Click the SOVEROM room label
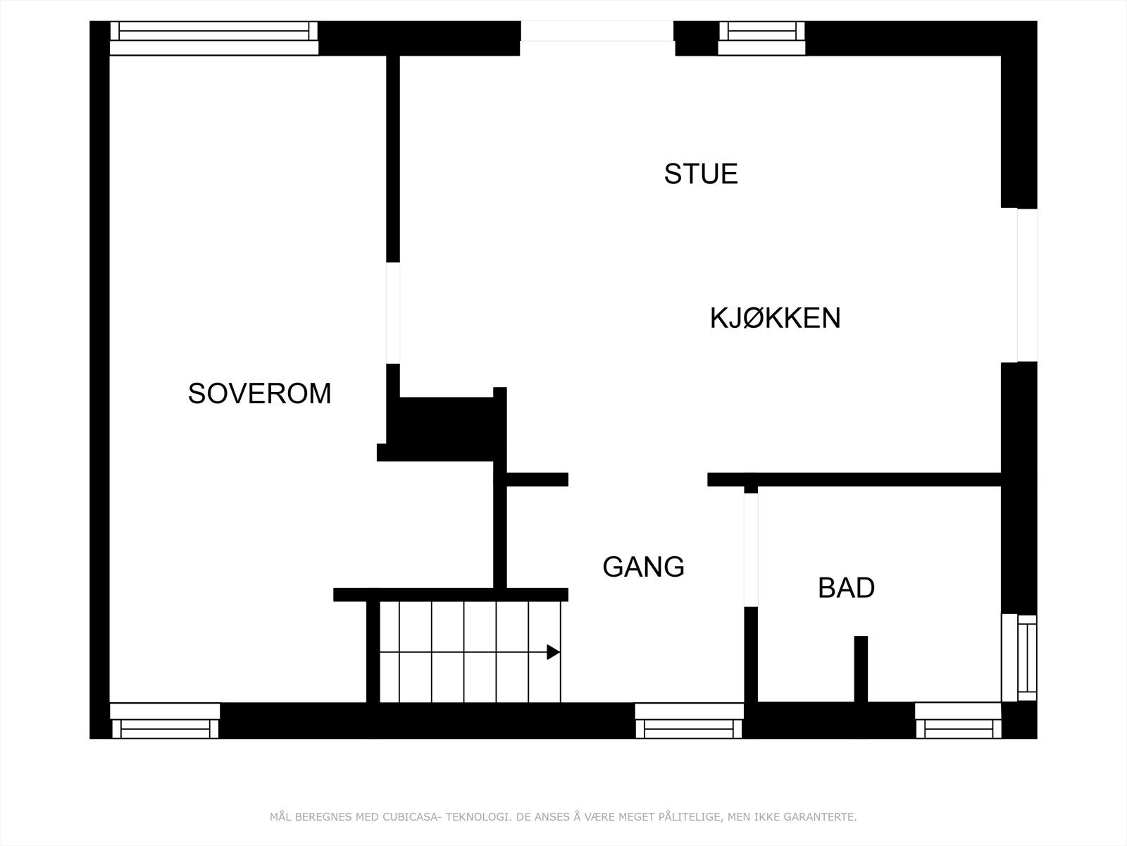pos(259,393)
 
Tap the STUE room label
pos(701,174)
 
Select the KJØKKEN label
pos(775,318)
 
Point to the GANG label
pos(643,567)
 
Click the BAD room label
pos(846,588)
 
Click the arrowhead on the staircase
pos(554,652)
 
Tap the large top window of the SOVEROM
pos(213,38)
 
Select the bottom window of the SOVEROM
pos(165,721)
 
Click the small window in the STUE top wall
pos(761,38)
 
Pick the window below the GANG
pos(689,721)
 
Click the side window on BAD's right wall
pos(1019,658)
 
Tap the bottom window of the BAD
pos(958,721)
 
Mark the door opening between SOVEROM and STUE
pos(393,313)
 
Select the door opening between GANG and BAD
pos(751,549)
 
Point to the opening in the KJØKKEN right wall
pos(1019,285)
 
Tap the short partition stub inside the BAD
pos(861,668)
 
